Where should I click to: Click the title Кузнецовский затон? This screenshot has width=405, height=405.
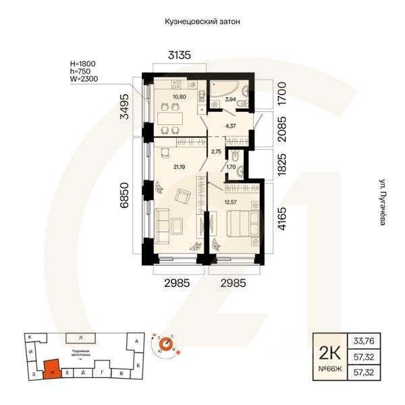click(x=202, y=22)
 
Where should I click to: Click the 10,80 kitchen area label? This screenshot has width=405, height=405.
click(x=180, y=97)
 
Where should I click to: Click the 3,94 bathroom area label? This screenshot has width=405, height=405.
click(x=230, y=99)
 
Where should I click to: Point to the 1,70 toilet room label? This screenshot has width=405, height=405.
click(x=231, y=166)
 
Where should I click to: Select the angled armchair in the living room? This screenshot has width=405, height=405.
click(x=182, y=197)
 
